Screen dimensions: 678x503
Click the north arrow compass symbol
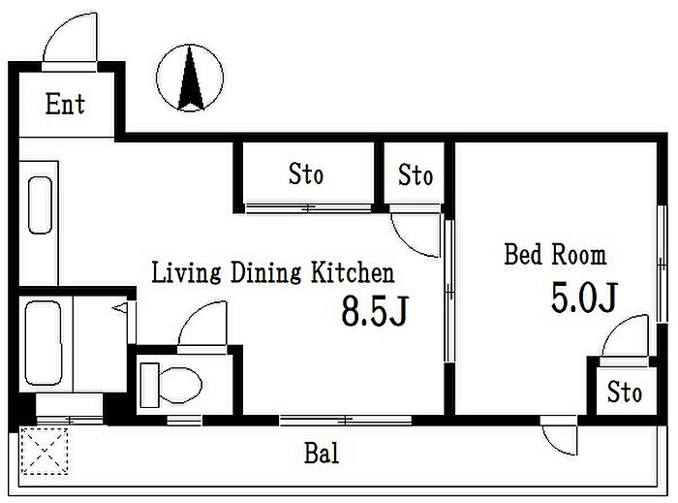[190, 78]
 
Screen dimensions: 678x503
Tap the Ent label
[65, 105]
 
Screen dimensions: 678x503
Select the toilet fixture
[171, 385]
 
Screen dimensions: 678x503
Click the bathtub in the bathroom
[43, 343]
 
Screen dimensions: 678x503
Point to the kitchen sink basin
[40, 205]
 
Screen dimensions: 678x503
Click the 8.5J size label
[375, 310]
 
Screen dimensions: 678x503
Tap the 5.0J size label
[584, 298]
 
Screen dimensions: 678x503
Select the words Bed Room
[555, 254]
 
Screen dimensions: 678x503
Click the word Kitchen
[353, 273]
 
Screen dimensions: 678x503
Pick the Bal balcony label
[322, 454]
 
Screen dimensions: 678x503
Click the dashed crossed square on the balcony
[45, 451]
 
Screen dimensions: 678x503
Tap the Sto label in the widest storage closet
[306, 173]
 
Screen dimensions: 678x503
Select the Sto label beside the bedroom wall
[416, 174]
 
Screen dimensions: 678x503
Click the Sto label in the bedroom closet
[625, 392]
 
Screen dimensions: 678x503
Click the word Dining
[265, 273]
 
